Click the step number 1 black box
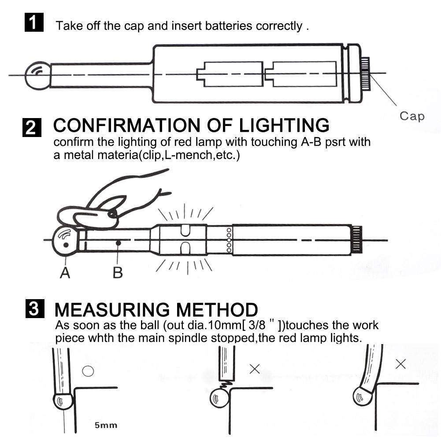(34, 22)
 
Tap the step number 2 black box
(32, 127)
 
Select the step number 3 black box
(35, 308)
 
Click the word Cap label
(412, 116)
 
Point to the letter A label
(65, 273)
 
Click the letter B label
(118, 273)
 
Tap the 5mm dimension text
(106, 425)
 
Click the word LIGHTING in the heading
(284, 125)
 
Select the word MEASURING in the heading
(112, 310)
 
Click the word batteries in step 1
(228, 26)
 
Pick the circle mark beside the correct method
(88, 371)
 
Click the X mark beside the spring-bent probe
(255, 369)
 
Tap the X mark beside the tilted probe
(400, 364)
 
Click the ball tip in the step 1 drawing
(38, 76)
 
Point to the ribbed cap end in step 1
(365, 74)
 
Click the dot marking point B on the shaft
(119, 243)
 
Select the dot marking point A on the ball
(66, 245)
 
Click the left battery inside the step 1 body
(230, 74)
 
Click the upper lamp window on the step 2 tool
(185, 230)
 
